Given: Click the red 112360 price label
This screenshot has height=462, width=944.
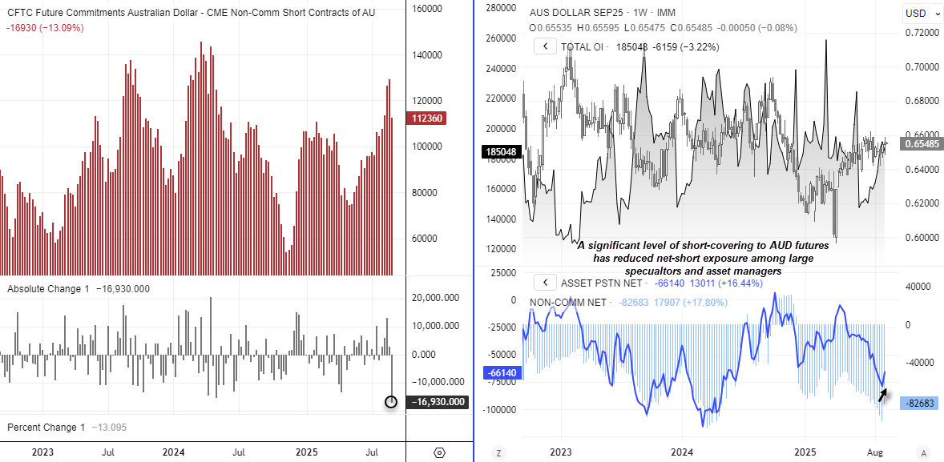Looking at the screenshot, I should click(x=426, y=119).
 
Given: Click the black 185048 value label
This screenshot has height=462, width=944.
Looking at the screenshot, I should click(x=501, y=151).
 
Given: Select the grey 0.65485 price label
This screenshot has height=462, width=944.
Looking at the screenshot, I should click(x=921, y=145).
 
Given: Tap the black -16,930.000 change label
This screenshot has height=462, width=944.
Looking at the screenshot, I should click(x=437, y=402).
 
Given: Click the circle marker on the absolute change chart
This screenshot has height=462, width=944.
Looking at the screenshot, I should click(x=391, y=401).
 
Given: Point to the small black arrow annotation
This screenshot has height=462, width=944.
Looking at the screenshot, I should click(x=882, y=394).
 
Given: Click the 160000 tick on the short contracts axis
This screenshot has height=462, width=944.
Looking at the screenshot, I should click(x=426, y=9).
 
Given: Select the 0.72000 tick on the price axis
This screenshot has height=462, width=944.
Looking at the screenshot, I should click(x=921, y=33).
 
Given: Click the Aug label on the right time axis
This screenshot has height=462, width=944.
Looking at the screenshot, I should click(x=877, y=452).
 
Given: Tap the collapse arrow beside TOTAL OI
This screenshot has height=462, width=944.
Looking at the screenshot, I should click(x=545, y=46).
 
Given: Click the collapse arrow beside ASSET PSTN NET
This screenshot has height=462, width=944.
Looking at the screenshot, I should click(x=545, y=283).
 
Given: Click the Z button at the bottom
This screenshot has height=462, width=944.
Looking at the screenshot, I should click(x=498, y=452).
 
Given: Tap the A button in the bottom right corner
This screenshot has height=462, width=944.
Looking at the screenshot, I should click(x=924, y=452).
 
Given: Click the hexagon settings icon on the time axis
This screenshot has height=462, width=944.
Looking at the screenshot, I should click(x=439, y=452).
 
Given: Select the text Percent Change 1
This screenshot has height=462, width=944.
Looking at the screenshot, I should click(x=46, y=428).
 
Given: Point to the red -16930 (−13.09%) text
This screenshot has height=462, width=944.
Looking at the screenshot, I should click(x=45, y=28).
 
